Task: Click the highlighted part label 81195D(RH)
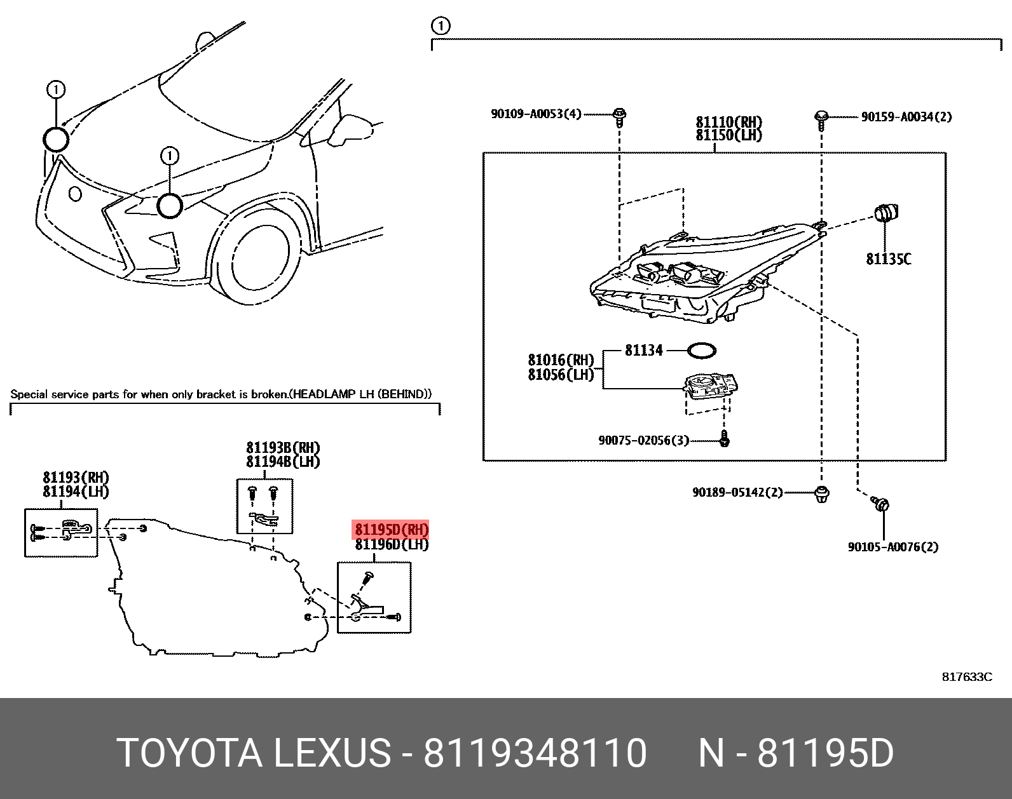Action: pos(391,530)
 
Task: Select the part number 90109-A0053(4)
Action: pos(536,114)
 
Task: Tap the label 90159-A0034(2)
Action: pos(906,117)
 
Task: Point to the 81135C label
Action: pos(888,259)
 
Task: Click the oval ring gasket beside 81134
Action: pos(702,350)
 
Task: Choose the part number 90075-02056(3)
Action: pos(643,440)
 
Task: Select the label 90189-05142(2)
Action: pos(737,493)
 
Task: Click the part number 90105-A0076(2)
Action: pos(893,547)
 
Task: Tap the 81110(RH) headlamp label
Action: pos(729,122)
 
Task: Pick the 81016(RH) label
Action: pos(561,360)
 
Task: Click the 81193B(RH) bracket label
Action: pos(283,447)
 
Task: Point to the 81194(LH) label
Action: pos(76,492)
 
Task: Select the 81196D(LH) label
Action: pos(392,545)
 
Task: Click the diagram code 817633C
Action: pos(967,677)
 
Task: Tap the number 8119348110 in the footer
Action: pos(535,753)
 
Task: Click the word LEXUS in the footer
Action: pos(332,753)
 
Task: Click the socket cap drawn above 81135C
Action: pos(886,213)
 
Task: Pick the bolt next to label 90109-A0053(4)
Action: pos(620,117)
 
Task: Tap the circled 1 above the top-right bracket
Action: pos(440,26)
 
